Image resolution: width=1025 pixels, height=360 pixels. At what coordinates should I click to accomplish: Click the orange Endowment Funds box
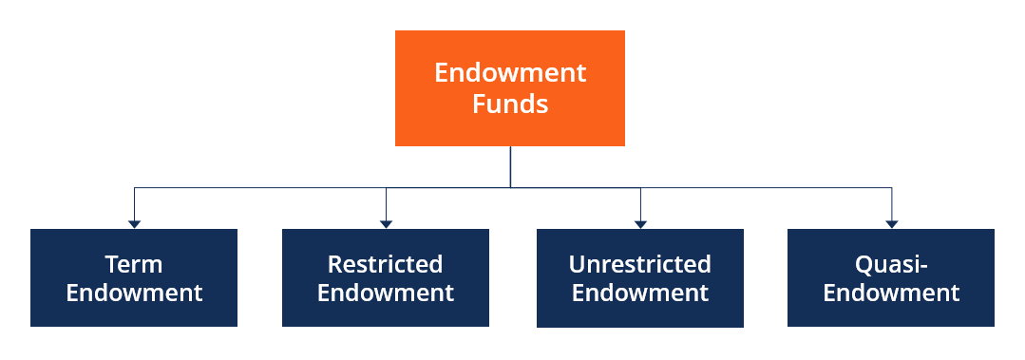(509, 87)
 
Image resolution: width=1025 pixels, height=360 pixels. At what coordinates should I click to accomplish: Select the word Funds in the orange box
(510, 103)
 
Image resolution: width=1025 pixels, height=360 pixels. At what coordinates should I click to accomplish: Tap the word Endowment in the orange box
(510, 73)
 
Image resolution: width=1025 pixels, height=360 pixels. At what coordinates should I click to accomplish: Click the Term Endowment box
(134, 277)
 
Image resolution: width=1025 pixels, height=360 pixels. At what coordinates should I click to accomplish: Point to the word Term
(134, 263)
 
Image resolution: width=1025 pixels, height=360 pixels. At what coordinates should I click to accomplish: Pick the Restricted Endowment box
(385, 277)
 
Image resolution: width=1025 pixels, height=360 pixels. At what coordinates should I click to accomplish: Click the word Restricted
(385, 263)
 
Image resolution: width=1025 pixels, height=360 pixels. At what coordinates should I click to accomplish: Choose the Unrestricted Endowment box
(639, 277)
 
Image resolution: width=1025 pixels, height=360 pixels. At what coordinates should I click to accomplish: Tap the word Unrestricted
(639, 263)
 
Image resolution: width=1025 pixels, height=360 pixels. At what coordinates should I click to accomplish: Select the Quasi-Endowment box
(891, 277)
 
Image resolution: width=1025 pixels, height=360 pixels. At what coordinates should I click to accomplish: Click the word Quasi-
(891, 263)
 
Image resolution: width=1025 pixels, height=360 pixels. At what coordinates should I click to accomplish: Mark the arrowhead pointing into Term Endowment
(134, 224)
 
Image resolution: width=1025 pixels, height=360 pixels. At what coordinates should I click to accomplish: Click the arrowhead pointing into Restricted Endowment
(386, 224)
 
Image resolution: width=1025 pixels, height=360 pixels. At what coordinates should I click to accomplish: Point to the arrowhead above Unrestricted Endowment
(640, 224)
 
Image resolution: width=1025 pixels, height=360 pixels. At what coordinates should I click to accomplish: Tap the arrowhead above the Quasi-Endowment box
(891, 224)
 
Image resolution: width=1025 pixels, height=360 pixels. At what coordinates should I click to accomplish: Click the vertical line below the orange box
(510, 167)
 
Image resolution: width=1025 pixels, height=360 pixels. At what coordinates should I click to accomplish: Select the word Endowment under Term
(134, 293)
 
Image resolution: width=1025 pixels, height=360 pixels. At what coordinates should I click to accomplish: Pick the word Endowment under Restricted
(385, 293)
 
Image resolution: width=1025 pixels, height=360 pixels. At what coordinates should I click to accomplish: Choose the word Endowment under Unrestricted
(639, 293)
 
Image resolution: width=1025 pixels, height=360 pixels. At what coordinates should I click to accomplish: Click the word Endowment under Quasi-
(891, 293)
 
